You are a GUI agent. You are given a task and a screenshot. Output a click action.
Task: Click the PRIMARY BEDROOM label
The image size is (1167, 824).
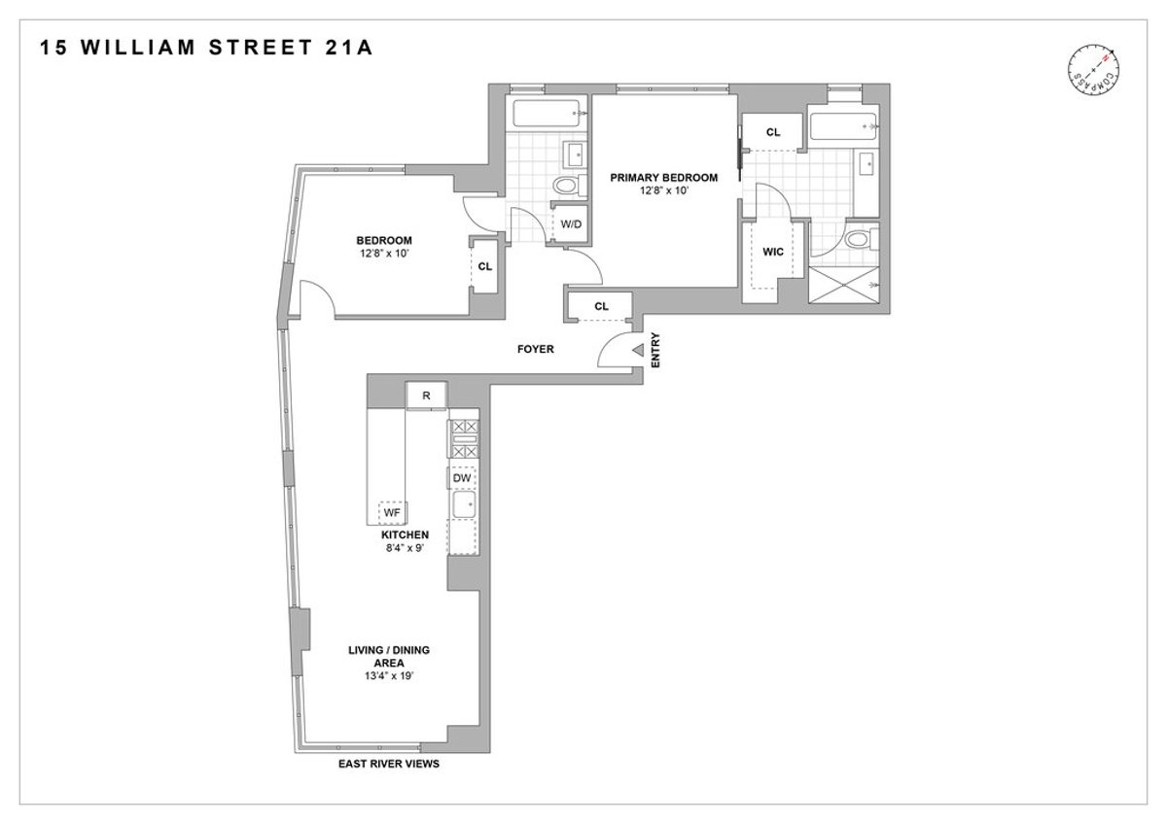664,178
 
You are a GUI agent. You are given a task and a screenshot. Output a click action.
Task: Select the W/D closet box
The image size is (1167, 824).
569,225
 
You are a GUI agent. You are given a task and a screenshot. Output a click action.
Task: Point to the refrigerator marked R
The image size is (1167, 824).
426,395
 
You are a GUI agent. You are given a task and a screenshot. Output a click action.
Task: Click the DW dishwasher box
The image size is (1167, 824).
462,478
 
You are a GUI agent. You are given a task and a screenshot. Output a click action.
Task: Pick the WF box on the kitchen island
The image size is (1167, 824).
393,512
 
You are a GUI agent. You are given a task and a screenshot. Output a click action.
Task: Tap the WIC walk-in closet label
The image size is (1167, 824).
773,252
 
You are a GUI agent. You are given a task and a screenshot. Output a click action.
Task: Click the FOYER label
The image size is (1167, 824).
536,349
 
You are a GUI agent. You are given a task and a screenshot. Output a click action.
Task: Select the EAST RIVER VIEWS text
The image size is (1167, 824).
389,765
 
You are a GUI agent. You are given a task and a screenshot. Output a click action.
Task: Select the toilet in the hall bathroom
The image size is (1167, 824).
565,185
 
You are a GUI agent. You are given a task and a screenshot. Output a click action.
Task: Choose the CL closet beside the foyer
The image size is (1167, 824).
600,307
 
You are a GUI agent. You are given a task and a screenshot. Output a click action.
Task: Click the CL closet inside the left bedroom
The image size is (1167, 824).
484,264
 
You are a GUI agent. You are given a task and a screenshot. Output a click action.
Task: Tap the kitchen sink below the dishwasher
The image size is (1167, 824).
464,505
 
